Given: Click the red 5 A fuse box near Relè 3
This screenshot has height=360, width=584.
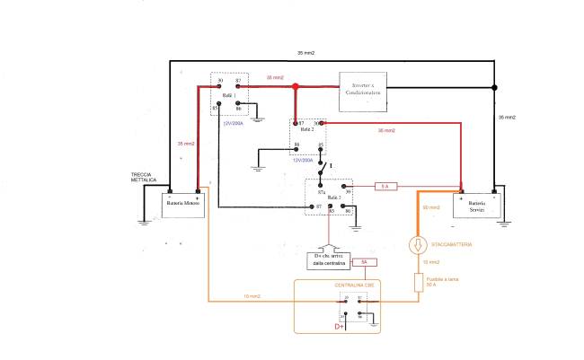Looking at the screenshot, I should (385, 186).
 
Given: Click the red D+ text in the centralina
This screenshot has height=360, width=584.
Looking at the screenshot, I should (340, 326).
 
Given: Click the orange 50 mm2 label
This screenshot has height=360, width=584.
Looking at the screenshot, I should (430, 208).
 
